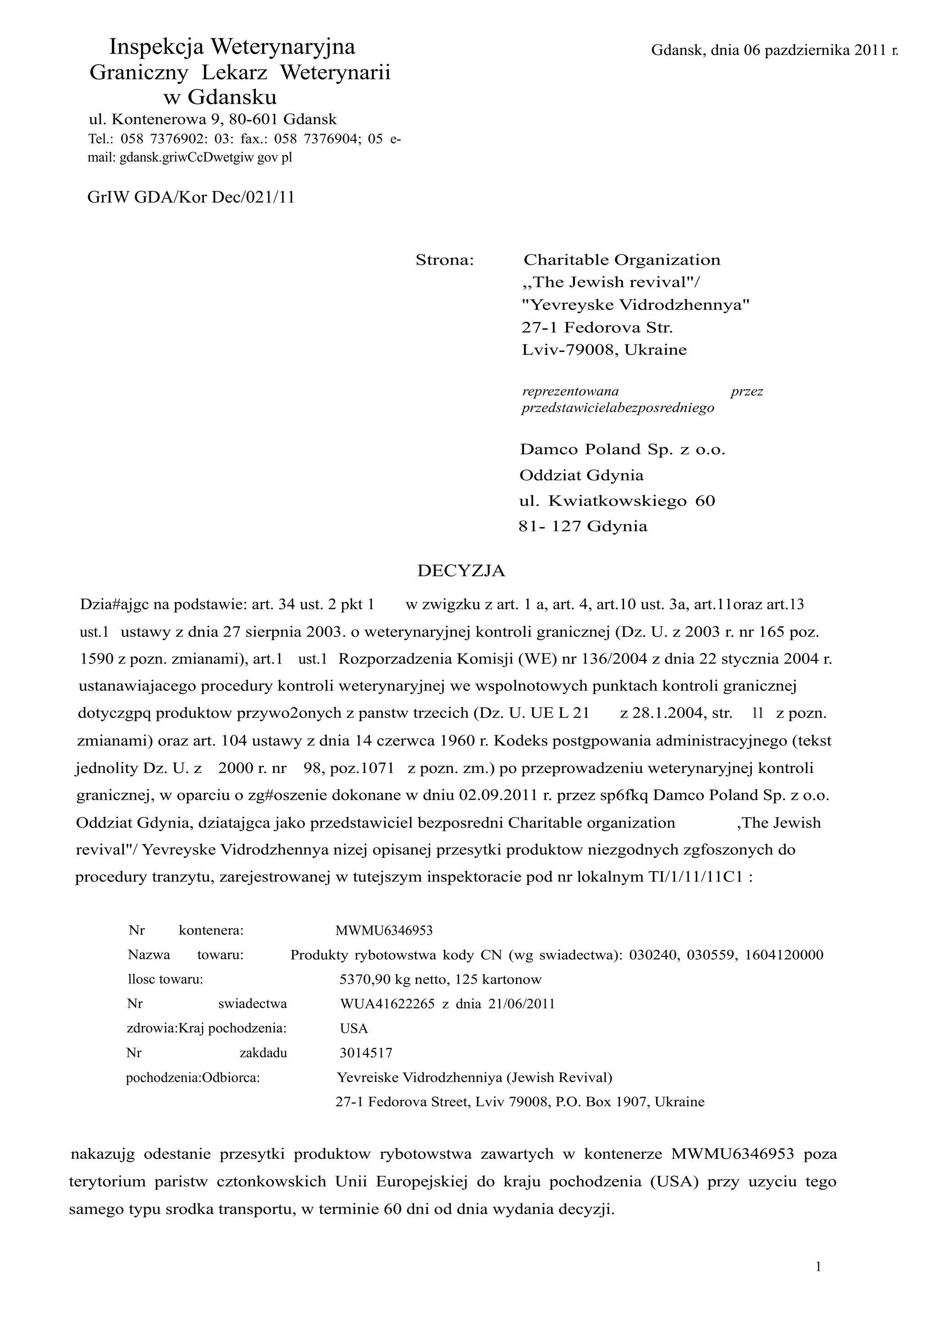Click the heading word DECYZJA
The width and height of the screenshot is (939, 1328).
(x=461, y=571)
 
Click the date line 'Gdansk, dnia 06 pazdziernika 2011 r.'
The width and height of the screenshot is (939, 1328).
(x=775, y=51)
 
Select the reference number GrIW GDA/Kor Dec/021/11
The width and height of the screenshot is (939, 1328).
(x=191, y=198)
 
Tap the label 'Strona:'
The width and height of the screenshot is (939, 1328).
(x=444, y=261)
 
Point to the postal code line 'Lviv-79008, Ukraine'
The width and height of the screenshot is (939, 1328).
(x=604, y=350)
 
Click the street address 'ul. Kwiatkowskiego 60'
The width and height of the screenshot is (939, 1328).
(x=617, y=501)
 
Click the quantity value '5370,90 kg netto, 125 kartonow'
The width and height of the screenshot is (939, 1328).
(x=440, y=979)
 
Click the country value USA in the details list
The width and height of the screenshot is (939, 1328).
(x=354, y=1028)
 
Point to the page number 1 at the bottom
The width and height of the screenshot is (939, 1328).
(x=818, y=1267)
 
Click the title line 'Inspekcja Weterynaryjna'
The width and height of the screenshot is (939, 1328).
(x=232, y=47)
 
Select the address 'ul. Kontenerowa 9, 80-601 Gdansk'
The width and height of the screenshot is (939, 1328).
(x=212, y=120)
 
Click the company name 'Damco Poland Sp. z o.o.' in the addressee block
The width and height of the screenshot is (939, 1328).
(x=622, y=450)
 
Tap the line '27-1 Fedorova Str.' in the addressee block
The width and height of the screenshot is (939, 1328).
(x=597, y=328)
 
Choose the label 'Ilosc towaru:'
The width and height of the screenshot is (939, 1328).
(x=165, y=979)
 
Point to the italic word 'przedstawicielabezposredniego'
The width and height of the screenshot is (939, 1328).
(x=617, y=408)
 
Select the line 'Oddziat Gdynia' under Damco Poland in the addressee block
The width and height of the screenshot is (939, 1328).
(x=581, y=476)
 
